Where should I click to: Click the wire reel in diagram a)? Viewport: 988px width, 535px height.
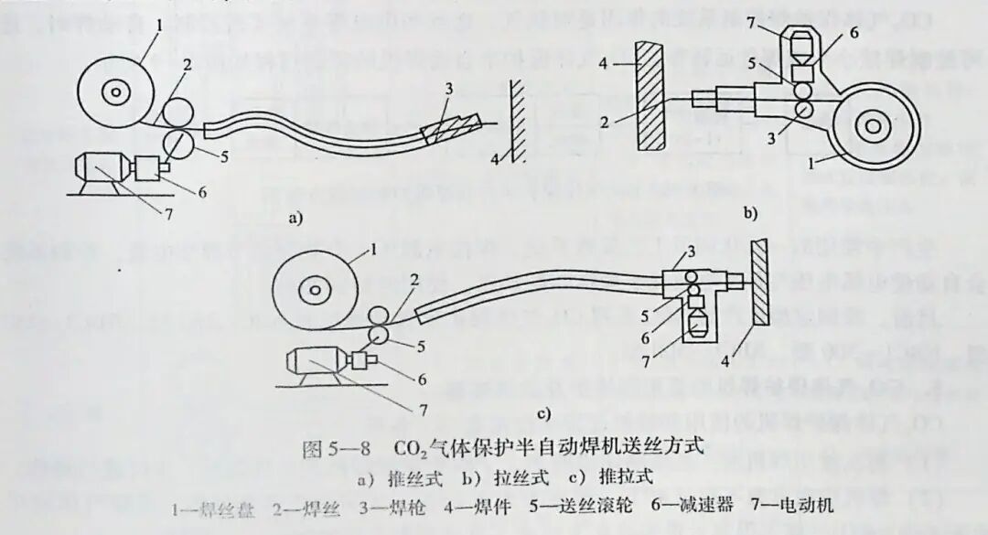116,91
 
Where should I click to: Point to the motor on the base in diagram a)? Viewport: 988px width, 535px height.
103,171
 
